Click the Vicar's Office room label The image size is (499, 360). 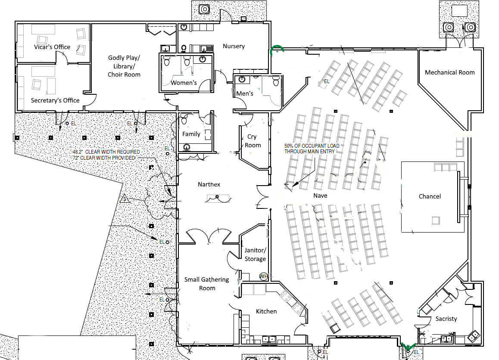[x=52, y=47]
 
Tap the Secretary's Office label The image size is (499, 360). [x=55, y=100]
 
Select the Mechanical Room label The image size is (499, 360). [x=449, y=72]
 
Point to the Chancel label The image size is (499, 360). [x=430, y=196]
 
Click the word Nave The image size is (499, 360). [x=320, y=196]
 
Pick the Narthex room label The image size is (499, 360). [x=209, y=184]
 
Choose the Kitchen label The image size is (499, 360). [x=266, y=311]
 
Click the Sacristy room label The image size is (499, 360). [x=446, y=319]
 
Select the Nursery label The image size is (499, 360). [x=234, y=46]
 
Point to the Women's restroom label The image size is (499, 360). [x=184, y=82]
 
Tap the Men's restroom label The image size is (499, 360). [x=245, y=93]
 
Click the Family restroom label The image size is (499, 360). [x=191, y=134]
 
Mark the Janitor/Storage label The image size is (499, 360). [x=255, y=254]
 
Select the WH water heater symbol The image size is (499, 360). [x=263, y=276]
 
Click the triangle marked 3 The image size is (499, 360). [x=125, y=199]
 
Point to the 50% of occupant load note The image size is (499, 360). [x=312, y=149]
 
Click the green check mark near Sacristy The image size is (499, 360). [x=407, y=345]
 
